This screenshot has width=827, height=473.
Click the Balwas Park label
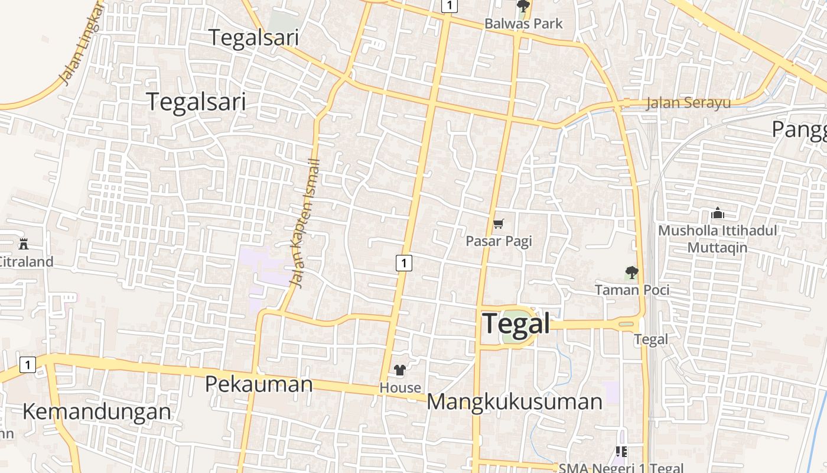(523, 24)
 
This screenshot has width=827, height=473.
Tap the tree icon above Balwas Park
(523, 7)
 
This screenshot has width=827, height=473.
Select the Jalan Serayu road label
(688, 103)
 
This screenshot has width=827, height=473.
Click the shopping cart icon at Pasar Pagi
(499, 223)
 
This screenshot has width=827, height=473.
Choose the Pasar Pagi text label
(499, 241)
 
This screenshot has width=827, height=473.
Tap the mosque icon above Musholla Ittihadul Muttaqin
(718, 213)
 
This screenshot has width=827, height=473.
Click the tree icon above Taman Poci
(631, 273)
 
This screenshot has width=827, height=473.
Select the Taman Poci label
(632, 290)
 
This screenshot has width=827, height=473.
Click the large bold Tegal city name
(516, 323)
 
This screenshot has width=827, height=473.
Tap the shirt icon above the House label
(400, 371)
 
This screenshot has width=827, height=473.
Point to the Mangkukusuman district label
(515, 401)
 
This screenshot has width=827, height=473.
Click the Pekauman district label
(259, 384)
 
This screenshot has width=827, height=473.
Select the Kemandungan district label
(97, 411)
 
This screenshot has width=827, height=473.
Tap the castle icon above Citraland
(24, 244)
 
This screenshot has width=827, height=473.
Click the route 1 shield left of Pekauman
(27, 365)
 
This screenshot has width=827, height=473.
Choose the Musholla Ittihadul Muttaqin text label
(718, 238)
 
